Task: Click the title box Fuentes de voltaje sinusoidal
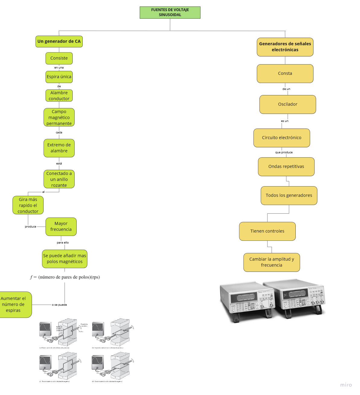(x=170, y=12)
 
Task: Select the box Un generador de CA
(x=59, y=41)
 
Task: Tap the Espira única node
(x=59, y=77)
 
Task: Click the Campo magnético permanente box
(x=59, y=117)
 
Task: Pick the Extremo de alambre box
(x=59, y=148)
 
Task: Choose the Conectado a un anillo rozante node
(x=59, y=179)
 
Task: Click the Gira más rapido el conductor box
(x=28, y=205)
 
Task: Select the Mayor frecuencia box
(x=61, y=227)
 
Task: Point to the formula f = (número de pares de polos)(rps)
(x=65, y=277)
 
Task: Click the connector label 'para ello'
(x=63, y=243)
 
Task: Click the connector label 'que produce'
(x=284, y=152)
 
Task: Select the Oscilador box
(x=288, y=104)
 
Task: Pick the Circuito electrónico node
(x=282, y=138)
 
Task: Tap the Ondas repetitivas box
(x=286, y=167)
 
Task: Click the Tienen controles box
(x=267, y=231)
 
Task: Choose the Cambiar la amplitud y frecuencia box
(x=272, y=262)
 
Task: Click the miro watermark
(x=346, y=385)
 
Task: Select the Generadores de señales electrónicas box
(x=285, y=47)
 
